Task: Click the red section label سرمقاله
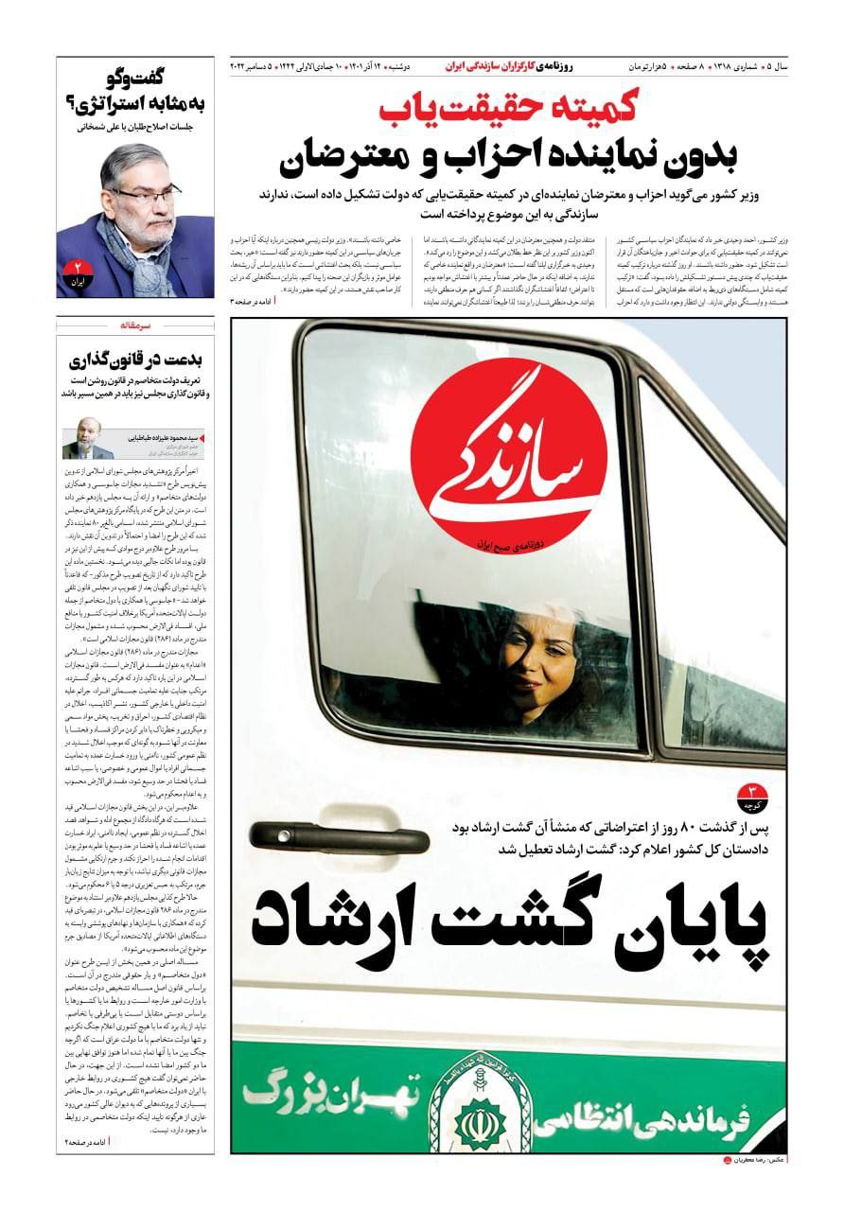click(x=136, y=325)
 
